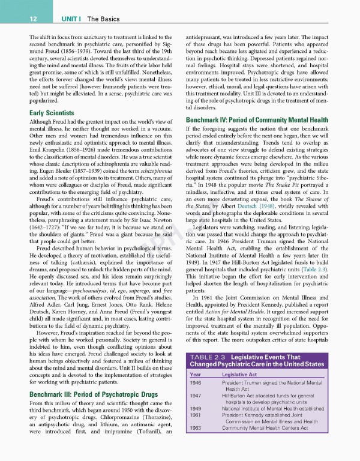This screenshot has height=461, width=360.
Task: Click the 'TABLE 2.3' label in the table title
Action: pyautogui.click(x=208, y=357)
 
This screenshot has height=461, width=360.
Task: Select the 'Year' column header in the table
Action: pyautogui.click(x=196, y=375)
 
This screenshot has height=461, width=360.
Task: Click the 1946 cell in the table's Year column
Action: pyautogui.click(x=196, y=383)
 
